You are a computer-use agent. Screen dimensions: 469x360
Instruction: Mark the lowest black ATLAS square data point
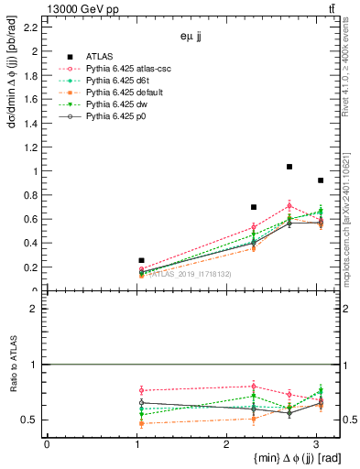141,261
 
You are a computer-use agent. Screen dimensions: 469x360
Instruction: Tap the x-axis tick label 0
47,444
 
